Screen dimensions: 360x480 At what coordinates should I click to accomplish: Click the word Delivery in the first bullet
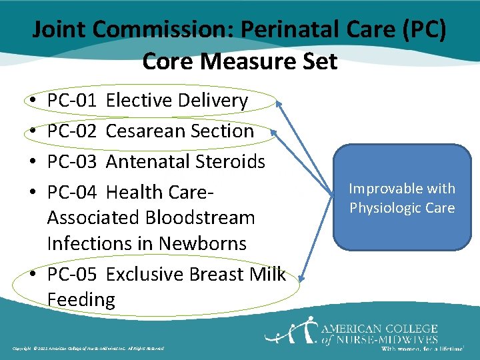click(x=213, y=101)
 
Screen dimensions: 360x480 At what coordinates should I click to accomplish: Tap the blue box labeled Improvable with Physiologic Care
click(x=402, y=197)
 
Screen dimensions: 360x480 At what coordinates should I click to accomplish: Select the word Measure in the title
click(x=240, y=61)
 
